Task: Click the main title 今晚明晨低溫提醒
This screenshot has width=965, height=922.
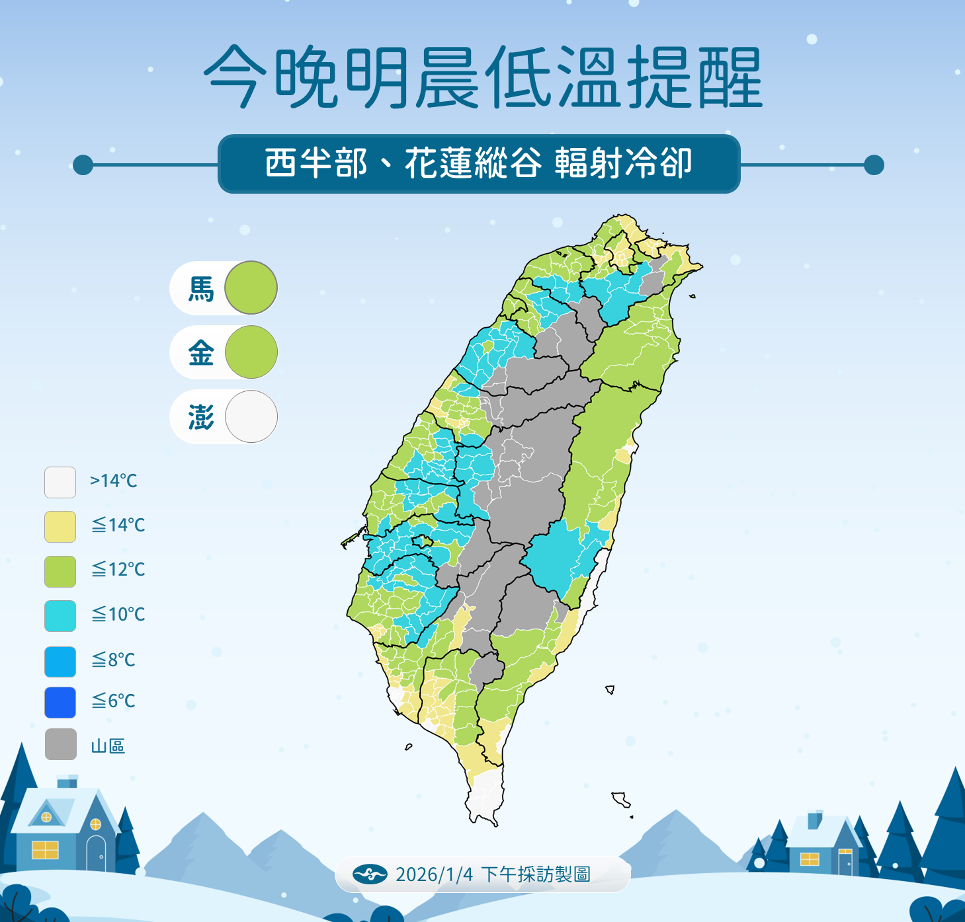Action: [x=483, y=78]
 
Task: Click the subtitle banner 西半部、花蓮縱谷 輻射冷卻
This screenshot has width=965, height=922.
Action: [x=478, y=163]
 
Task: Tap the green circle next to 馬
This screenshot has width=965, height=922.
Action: [x=251, y=288]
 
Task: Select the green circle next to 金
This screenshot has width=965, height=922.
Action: [x=251, y=352]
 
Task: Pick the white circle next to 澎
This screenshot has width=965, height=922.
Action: [x=251, y=416]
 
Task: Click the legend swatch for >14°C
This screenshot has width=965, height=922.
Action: [x=60, y=482]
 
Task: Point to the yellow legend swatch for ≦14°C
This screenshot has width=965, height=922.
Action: [x=60, y=527]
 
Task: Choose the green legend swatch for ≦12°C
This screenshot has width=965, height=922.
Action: [x=60, y=571]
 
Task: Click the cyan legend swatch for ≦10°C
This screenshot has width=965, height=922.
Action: [x=60, y=616]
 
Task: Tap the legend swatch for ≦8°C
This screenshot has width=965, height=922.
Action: [x=60, y=662]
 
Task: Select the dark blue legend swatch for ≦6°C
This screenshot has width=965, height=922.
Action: [x=60, y=703]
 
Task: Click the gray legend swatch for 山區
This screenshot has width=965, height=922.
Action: [x=60, y=744]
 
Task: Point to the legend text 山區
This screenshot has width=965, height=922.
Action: [x=108, y=746]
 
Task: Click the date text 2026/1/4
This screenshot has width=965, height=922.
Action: [x=434, y=874]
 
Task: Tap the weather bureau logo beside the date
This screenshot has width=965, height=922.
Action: [x=370, y=874]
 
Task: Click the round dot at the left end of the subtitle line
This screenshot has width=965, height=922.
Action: [x=83, y=165]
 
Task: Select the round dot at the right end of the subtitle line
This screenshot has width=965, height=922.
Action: [x=874, y=165]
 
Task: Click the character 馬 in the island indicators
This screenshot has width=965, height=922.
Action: [x=201, y=289]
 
